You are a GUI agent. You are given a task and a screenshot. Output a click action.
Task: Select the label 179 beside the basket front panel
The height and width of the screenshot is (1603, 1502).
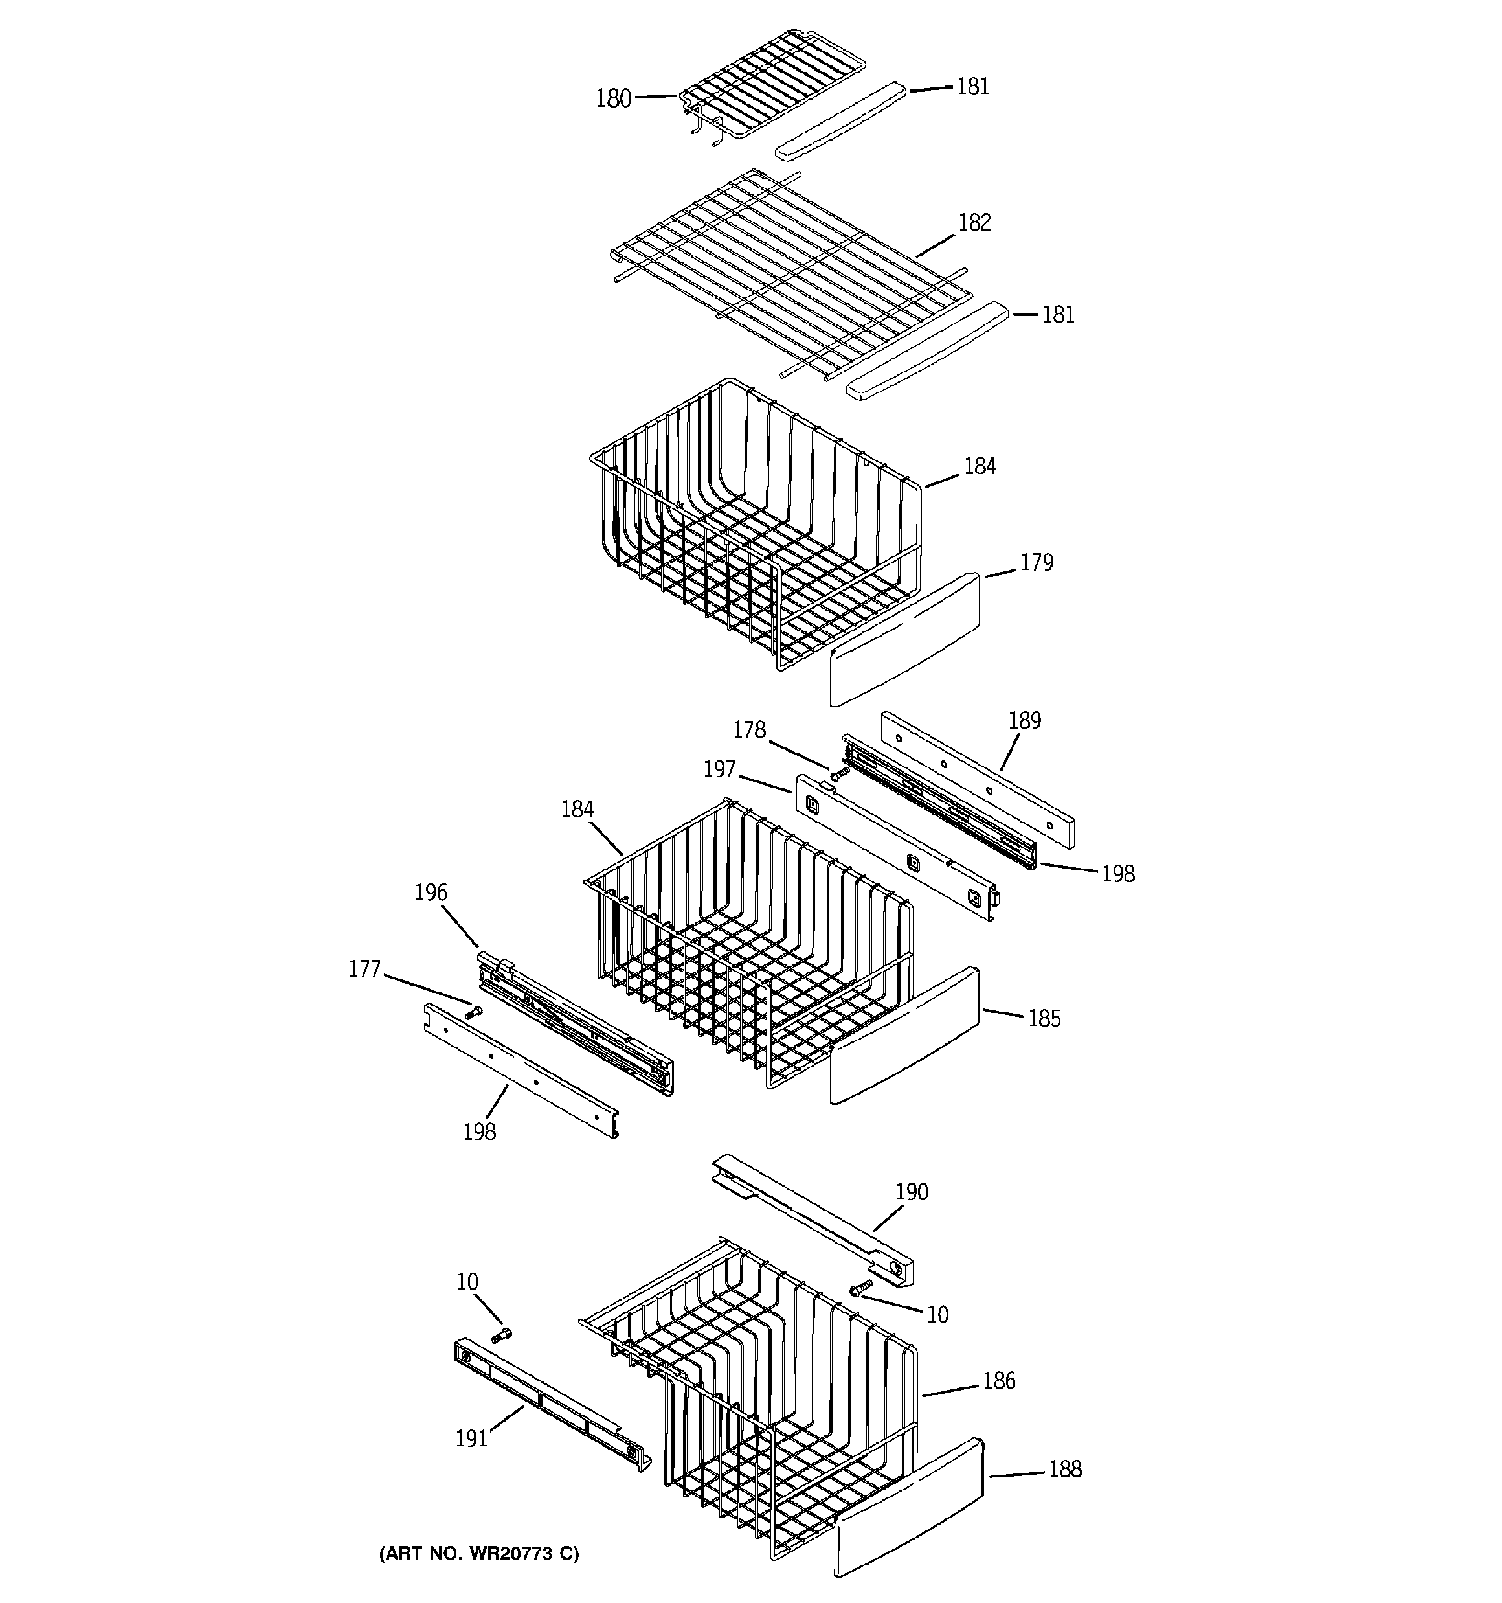click(x=1036, y=562)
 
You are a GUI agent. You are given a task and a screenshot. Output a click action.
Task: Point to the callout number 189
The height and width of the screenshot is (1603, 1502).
click(x=1024, y=720)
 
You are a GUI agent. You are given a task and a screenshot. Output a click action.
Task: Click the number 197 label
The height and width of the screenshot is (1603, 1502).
click(x=719, y=769)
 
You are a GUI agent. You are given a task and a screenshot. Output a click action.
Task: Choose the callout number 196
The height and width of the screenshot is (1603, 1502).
click(x=431, y=892)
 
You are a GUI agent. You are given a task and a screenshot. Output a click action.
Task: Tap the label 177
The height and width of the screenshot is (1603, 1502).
click(x=364, y=968)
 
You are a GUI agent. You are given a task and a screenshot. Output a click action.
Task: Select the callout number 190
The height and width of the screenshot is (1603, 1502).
click(x=911, y=1191)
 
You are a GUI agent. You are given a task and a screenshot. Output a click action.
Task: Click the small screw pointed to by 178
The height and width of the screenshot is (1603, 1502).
click(x=839, y=773)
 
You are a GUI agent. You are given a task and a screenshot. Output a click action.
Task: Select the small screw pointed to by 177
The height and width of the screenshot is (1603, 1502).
click(x=473, y=1011)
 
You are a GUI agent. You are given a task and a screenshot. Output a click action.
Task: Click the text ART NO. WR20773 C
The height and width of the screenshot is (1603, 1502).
click(x=479, y=1553)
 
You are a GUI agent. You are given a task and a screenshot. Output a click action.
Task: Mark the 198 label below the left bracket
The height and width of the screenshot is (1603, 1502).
click(x=479, y=1132)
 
